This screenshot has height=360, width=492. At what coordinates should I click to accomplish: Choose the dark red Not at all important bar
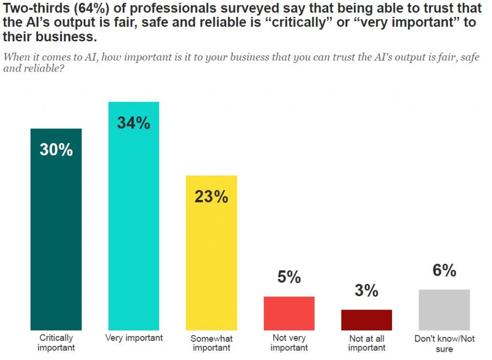point(367,320)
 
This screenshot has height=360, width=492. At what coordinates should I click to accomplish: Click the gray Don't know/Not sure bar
point(444,310)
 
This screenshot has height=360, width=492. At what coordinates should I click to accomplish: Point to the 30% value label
point(56,149)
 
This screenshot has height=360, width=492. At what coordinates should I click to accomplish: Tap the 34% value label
point(134,123)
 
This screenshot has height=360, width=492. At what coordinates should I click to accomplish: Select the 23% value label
point(211,197)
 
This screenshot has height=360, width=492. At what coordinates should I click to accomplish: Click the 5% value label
point(289,277)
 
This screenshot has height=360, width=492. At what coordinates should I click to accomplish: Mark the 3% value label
point(367,290)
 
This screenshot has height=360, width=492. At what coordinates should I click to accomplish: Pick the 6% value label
point(444,271)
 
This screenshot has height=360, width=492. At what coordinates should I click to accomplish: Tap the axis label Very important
point(134,338)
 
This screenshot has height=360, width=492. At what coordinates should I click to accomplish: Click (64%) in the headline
point(79,9)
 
